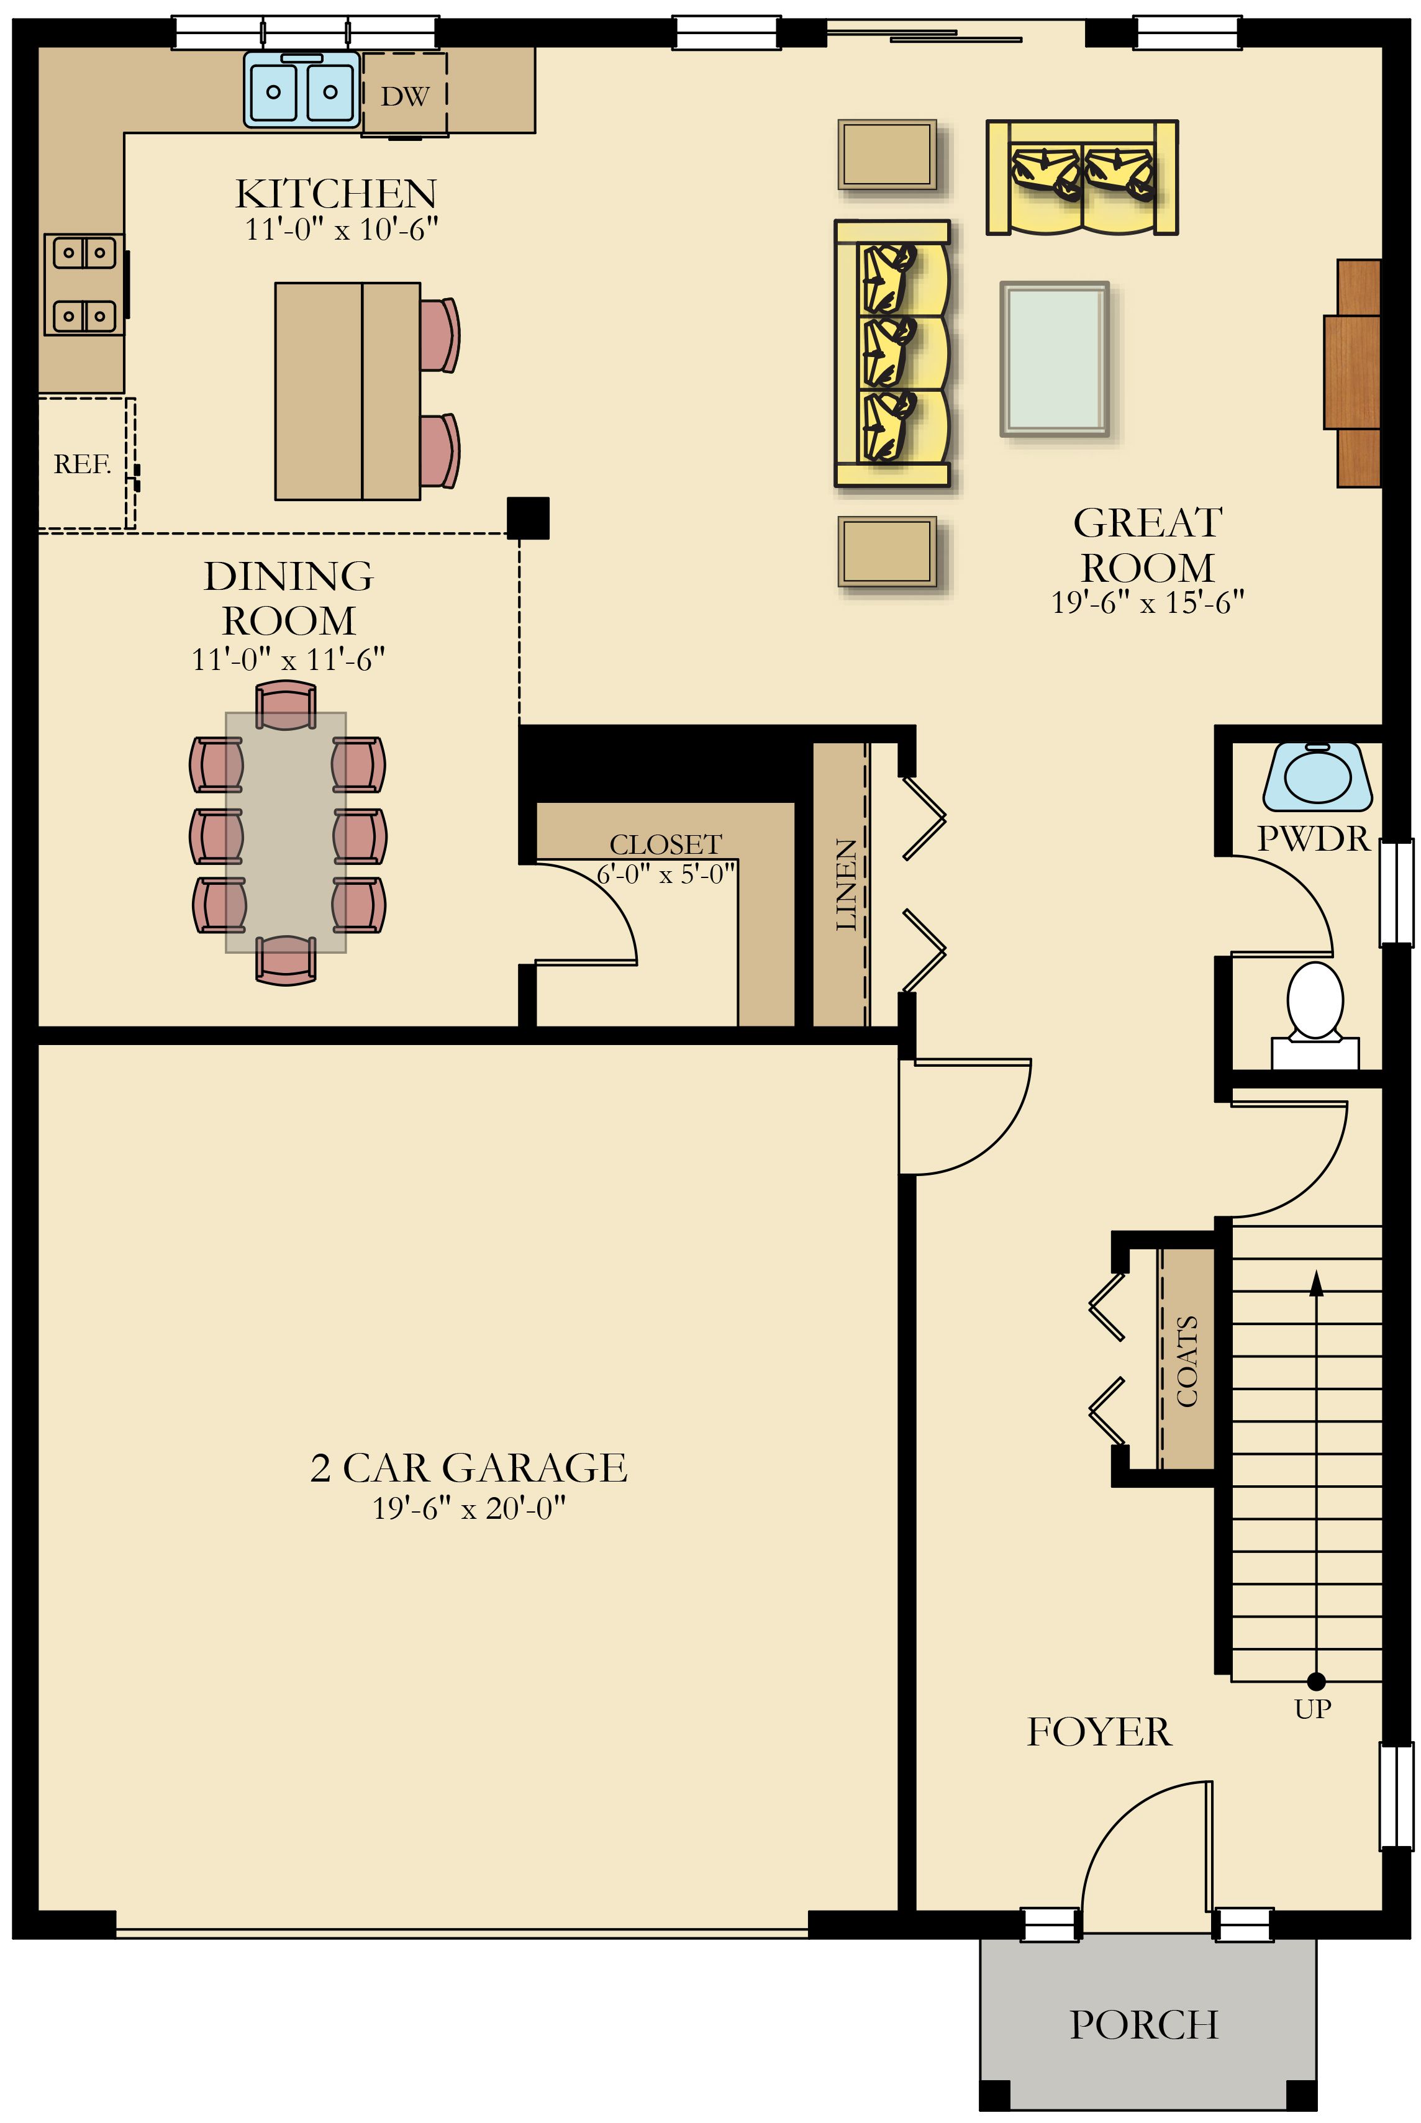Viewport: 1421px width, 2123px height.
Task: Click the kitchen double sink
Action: click(301, 89)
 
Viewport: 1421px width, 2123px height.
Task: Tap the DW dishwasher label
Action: click(404, 96)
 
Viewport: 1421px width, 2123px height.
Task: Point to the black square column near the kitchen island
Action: click(527, 518)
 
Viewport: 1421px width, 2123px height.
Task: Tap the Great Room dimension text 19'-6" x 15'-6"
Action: click(1147, 602)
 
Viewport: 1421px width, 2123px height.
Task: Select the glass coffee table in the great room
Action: click(1055, 359)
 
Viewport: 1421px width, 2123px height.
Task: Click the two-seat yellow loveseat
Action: click(1082, 178)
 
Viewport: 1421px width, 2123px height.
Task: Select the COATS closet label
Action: click(1186, 1361)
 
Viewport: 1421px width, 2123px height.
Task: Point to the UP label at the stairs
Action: click(1312, 1709)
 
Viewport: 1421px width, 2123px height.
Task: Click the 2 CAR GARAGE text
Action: click(468, 1468)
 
